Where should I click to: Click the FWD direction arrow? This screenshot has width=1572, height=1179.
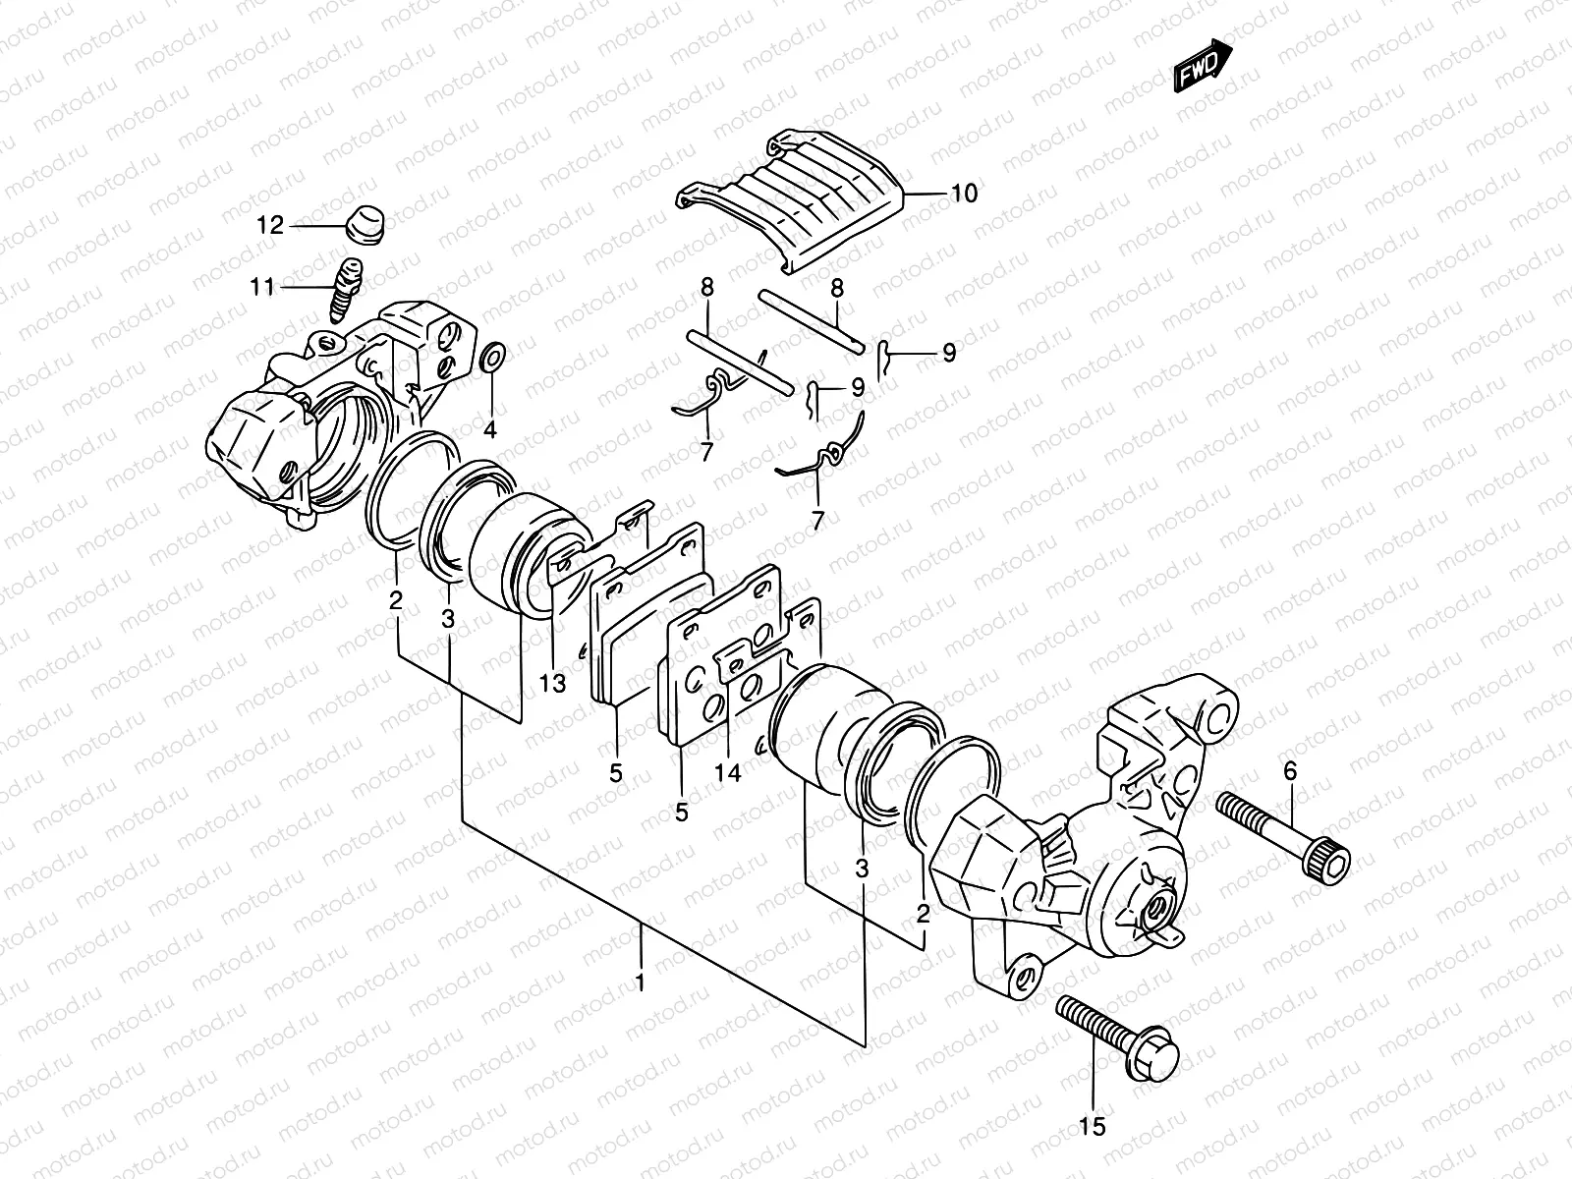1204,65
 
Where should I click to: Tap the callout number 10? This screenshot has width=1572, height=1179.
964,194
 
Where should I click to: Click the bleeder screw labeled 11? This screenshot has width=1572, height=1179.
347,287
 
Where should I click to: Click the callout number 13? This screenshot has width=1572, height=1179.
553,683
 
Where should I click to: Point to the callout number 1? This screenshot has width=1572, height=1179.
640,981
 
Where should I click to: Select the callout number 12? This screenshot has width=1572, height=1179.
270,226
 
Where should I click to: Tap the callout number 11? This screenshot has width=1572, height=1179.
261,288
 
